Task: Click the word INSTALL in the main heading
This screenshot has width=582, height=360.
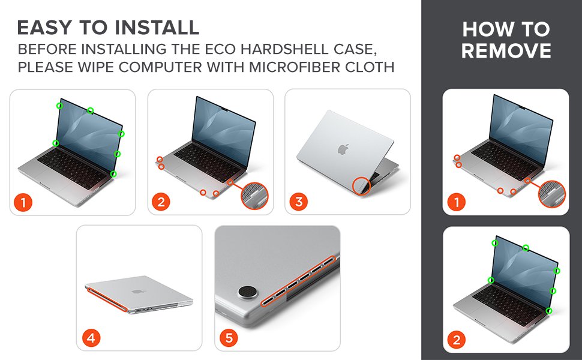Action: click(x=157, y=28)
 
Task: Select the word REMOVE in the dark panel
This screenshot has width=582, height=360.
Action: click(x=506, y=50)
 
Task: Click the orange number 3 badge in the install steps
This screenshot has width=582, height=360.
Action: click(x=299, y=202)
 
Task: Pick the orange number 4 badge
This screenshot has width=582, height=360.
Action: click(x=91, y=338)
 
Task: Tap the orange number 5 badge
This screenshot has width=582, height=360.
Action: click(x=229, y=338)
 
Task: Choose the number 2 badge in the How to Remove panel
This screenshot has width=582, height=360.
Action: click(x=457, y=340)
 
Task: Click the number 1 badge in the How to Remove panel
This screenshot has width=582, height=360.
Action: click(x=457, y=202)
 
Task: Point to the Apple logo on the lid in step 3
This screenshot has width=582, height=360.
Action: click(x=343, y=149)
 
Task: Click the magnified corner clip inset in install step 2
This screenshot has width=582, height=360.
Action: click(x=254, y=195)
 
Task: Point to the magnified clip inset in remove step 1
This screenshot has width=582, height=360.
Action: click(x=552, y=194)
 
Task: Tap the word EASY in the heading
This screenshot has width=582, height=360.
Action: click(x=44, y=28)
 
